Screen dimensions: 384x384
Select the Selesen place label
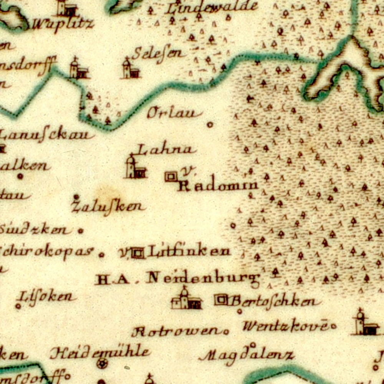[158, 54]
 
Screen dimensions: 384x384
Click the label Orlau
[175, 113]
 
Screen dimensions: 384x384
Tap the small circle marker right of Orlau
[210, 124]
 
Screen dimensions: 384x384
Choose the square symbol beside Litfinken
[138, 253]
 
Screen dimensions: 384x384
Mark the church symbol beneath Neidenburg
[186, 299]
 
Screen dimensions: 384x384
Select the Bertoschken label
[274, 301]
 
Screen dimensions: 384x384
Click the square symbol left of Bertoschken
[221, 300]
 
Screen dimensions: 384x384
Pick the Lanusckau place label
[46, 135]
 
